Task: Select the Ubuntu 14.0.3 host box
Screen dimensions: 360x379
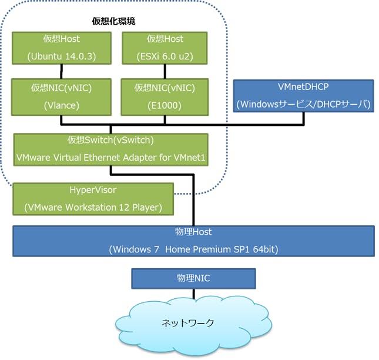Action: pos(62,47)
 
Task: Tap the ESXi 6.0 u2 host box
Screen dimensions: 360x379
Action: pos(165,47)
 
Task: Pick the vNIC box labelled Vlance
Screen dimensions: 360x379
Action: pos(62,97)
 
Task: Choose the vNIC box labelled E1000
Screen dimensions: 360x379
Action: pos(165,97)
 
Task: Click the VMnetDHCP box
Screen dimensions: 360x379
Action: pos(303,96)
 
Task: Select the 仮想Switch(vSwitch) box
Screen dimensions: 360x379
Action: pos(111,149)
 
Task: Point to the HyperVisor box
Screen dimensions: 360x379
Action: pos(93,199)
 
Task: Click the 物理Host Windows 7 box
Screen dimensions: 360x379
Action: pos(193,241)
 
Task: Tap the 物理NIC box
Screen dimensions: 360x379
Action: pos(193,277)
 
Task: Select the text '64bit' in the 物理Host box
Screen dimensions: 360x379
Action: pos(263,249)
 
